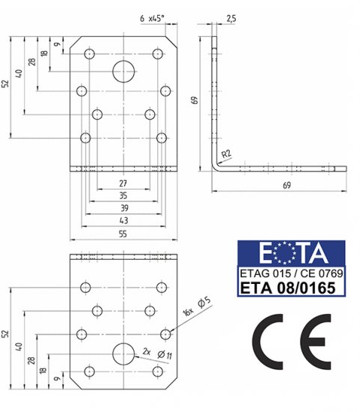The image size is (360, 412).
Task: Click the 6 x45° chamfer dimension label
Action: [x=152, y=19]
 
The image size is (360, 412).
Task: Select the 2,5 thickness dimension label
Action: [x=231, y=19]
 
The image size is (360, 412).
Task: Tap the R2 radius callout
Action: [x=226, y=154]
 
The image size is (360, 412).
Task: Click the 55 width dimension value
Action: [x=123, y=234]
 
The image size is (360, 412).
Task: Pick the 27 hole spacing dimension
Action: [x=123, y=184]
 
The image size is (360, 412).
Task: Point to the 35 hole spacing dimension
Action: [x=123, y=196]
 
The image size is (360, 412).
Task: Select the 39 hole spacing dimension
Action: [x=124, y=208]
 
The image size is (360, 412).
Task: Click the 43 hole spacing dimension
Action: [x=123, y=220]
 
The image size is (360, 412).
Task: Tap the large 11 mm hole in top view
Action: [x=123, y=71]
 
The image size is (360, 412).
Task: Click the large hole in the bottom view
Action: [x=123, y=354]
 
